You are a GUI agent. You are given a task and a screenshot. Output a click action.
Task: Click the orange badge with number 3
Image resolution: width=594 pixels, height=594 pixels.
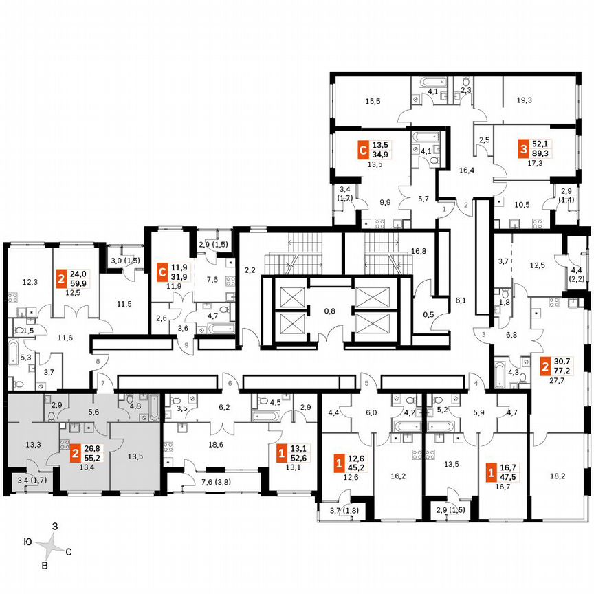[524, 148]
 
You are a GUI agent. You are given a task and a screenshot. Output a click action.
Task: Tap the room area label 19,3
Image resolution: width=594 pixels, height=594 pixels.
[524, 100]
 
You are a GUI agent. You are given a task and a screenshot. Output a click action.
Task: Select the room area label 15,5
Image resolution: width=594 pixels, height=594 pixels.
[373, 101]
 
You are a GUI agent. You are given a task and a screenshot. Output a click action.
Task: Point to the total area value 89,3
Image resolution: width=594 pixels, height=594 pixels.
[548, 154]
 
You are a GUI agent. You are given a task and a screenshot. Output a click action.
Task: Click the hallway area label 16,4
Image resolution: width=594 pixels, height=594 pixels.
[467, 170]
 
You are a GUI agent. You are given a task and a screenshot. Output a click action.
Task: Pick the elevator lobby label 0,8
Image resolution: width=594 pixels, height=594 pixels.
[329, 310]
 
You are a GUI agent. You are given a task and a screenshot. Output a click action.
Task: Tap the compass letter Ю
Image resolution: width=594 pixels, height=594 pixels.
[26, 542]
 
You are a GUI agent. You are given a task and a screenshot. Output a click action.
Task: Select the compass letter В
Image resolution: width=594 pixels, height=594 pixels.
[45, 566]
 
